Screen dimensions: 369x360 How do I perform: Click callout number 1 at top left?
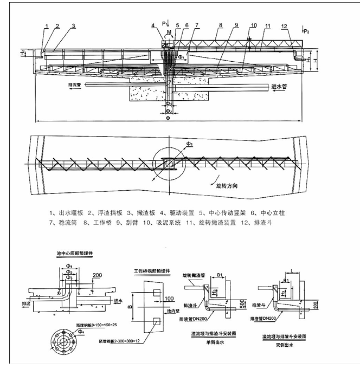coord(47,26)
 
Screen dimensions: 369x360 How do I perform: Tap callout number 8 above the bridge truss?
coord(221,25)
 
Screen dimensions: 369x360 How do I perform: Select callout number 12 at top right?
coord(284,26)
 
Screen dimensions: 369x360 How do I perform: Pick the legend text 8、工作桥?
coord(93,223)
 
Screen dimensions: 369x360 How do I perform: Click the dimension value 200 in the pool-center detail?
coord(98,275)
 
